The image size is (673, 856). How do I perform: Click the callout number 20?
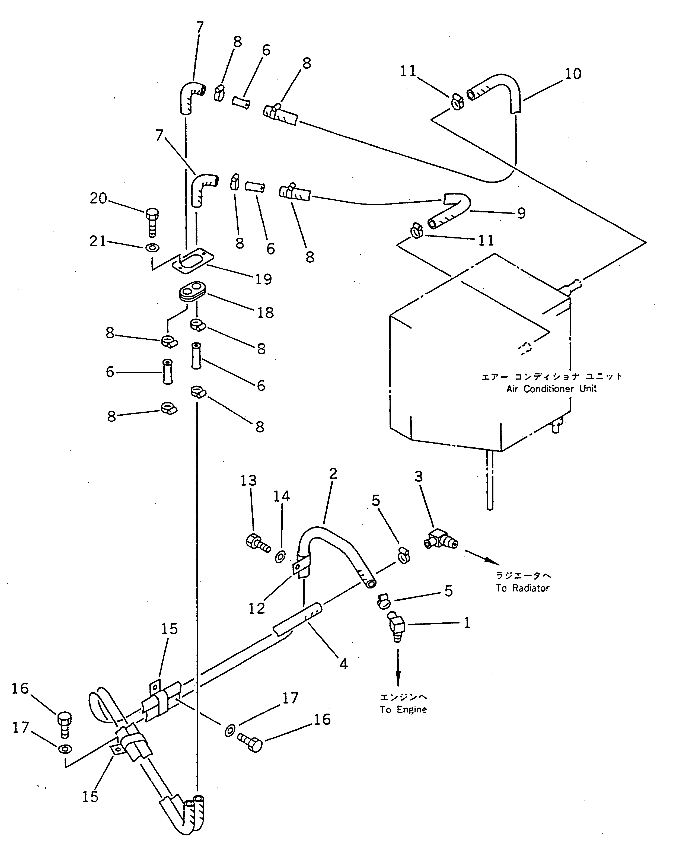coord(98,198)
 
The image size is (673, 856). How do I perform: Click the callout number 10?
coord(573,74)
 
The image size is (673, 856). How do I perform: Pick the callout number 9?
coord(521,213)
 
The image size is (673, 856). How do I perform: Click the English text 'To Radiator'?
coord(522,588)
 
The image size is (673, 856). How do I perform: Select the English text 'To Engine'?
coord(403,709)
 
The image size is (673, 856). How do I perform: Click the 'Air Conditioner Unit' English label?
coord(551,389)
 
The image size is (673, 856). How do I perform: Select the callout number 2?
coord(333,474)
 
